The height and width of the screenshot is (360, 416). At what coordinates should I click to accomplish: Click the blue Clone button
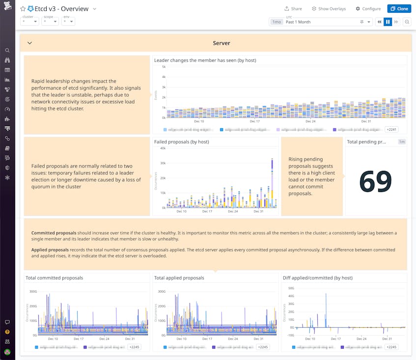[399, 9]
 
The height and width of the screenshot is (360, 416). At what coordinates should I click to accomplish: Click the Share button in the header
[293, 9]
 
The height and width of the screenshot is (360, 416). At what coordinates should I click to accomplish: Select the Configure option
[368, 9]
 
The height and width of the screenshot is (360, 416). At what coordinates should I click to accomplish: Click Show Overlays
[329, 9]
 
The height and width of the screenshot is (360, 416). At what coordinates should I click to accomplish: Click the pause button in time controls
[388, 22]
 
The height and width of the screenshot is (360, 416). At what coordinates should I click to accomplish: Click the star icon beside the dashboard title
[23, 9]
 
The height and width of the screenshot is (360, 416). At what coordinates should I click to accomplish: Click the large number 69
[375, 181]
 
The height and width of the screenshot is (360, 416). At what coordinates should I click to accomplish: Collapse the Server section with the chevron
[29, 43]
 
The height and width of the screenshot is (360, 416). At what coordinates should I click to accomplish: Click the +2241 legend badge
[392, 130]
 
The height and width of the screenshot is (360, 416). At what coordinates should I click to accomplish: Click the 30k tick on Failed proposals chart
[163, 163]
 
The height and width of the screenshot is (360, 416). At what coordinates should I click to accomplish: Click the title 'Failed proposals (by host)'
[182, 142]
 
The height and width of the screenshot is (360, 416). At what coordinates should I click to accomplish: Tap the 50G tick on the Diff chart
[291, 288]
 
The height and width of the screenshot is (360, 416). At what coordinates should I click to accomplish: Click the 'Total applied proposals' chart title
[179, 278]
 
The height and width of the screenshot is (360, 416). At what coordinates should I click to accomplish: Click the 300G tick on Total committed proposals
[33, 291]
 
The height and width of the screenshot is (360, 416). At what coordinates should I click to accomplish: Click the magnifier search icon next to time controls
[407, 22]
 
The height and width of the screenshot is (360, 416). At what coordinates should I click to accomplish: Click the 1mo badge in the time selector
[276, 22]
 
